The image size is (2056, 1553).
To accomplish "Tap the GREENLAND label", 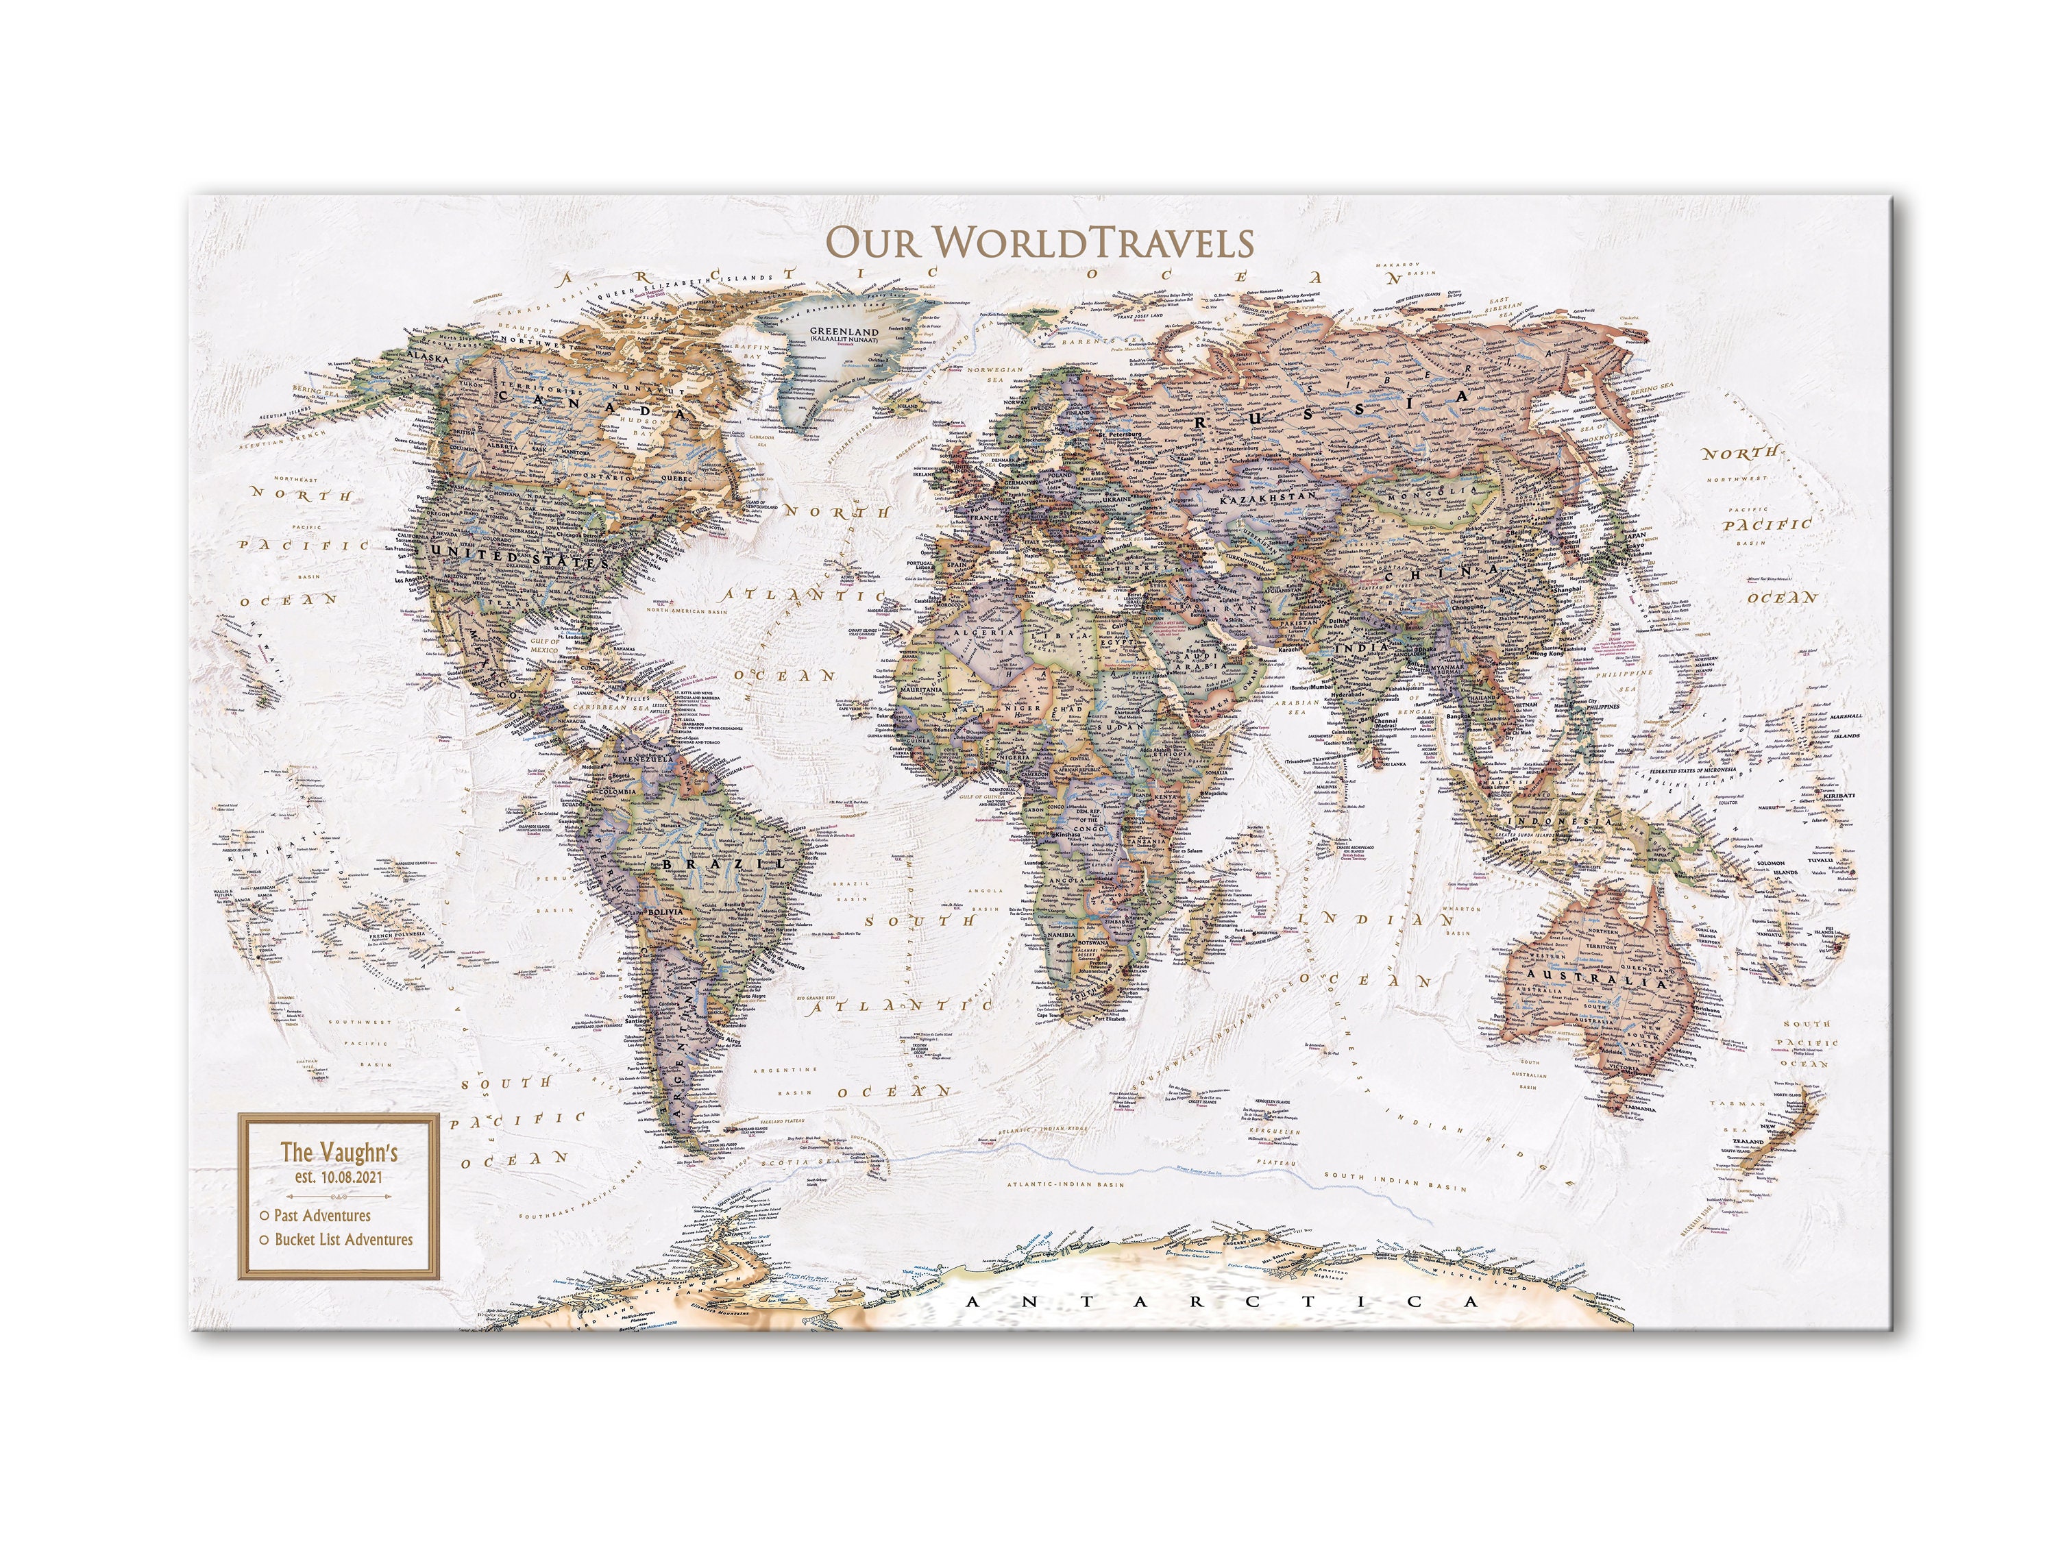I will point(843,331).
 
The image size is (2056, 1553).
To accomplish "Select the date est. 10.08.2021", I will point(339,1177).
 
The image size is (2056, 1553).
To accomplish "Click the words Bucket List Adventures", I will point(344,1239).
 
